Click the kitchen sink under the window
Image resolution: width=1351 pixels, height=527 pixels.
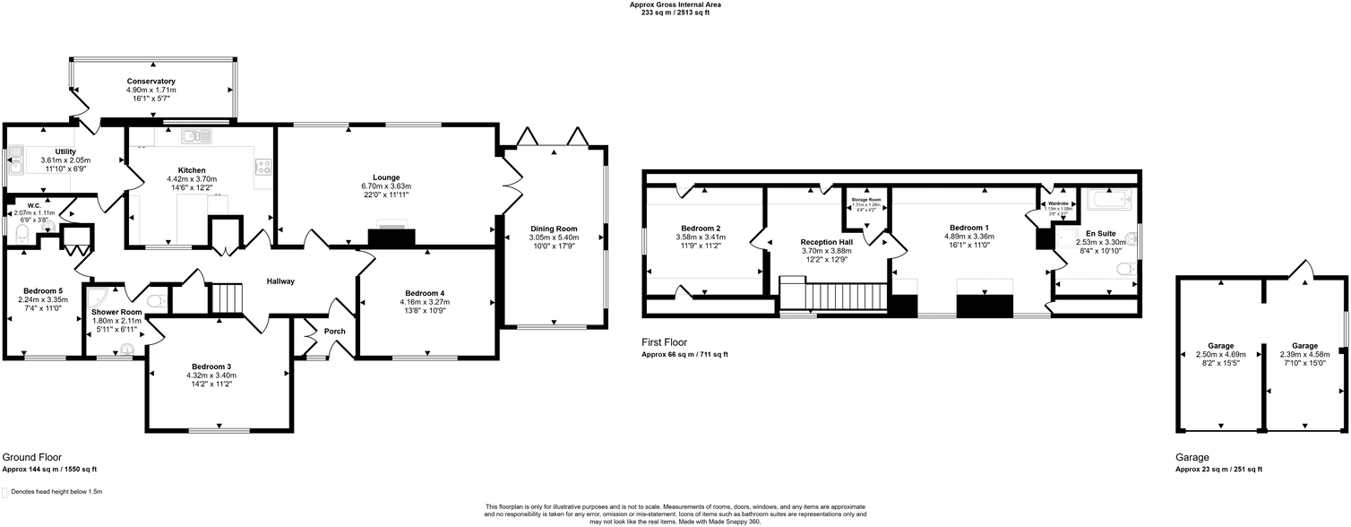click(195, 136)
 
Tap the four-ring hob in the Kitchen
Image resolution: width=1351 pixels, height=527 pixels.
click(263, 166)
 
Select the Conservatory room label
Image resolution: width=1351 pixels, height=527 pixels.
click(151, 82)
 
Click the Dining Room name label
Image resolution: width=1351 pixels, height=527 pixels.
click(554, 229)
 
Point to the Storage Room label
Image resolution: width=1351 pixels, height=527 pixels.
click(866, 199)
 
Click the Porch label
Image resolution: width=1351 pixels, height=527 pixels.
click(335, 332)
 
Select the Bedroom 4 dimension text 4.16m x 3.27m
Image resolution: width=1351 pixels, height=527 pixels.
click(425, 302)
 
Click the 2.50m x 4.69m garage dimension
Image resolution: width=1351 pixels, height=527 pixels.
click(1220, 355)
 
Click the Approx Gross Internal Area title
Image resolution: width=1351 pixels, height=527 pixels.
click(675, 4)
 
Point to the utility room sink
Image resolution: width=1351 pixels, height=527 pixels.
click(15, 164)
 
